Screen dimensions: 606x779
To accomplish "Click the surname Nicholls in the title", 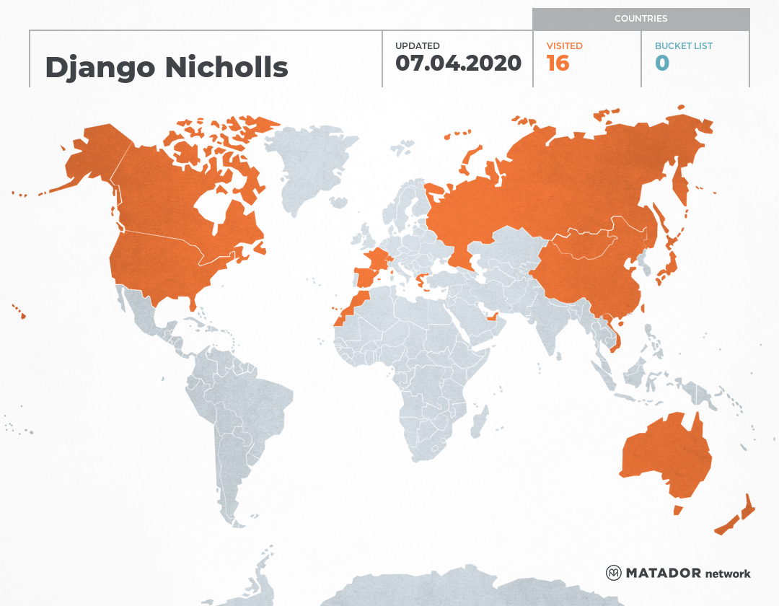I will [226, 68].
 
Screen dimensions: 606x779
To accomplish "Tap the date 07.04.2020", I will [458, 63].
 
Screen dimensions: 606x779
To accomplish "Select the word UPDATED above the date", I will [417, 46].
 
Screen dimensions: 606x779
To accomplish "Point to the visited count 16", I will [558, 63].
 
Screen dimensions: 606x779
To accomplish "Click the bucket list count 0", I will [662, 63].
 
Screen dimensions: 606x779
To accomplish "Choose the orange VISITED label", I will [564, 46].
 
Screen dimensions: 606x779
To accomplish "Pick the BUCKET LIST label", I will [683, 46].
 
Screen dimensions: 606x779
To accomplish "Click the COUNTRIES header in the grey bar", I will [641, 19].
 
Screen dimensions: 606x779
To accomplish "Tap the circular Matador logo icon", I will [614, 573].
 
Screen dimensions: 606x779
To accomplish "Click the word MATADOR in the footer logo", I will [663, 574].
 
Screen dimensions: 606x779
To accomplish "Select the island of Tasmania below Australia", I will [677, 510].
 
